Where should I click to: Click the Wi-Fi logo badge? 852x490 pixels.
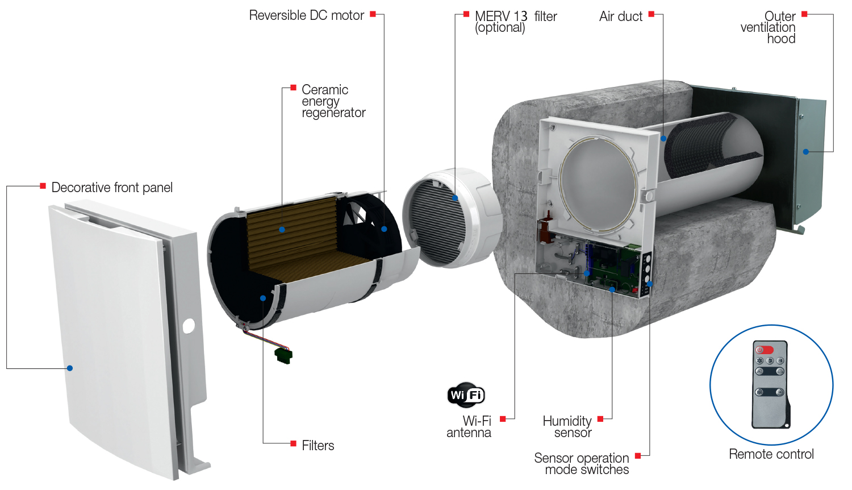[x=466, y=395]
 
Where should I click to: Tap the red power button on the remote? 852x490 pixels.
[x=765, y=350]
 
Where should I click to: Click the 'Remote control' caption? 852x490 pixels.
[x=771, y=454]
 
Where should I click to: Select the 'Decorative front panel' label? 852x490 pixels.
[x=112, y=188]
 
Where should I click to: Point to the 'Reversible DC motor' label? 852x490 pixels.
[x=306, y=15]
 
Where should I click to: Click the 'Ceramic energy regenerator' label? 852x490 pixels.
[x=333, y=101]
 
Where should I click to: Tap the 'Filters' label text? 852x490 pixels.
[x=318, y=446]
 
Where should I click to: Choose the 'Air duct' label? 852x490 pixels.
[x=620, y=16]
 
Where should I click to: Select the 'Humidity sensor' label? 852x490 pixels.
[x=567, y=427]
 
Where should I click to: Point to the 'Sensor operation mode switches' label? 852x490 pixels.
[x=582, y=464]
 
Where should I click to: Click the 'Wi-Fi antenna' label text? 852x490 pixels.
[x=469, y=427]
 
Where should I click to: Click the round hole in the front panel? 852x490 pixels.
[x=189, y=326]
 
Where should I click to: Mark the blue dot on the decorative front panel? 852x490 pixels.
[x=70, y=368]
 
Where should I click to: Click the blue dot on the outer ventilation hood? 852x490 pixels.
[x=805, y=152]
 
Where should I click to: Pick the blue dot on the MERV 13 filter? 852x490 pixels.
[x=455, y=198]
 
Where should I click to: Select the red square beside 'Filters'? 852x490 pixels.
[x=293, y=443]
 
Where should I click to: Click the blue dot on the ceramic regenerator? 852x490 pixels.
[x=282, y=230]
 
